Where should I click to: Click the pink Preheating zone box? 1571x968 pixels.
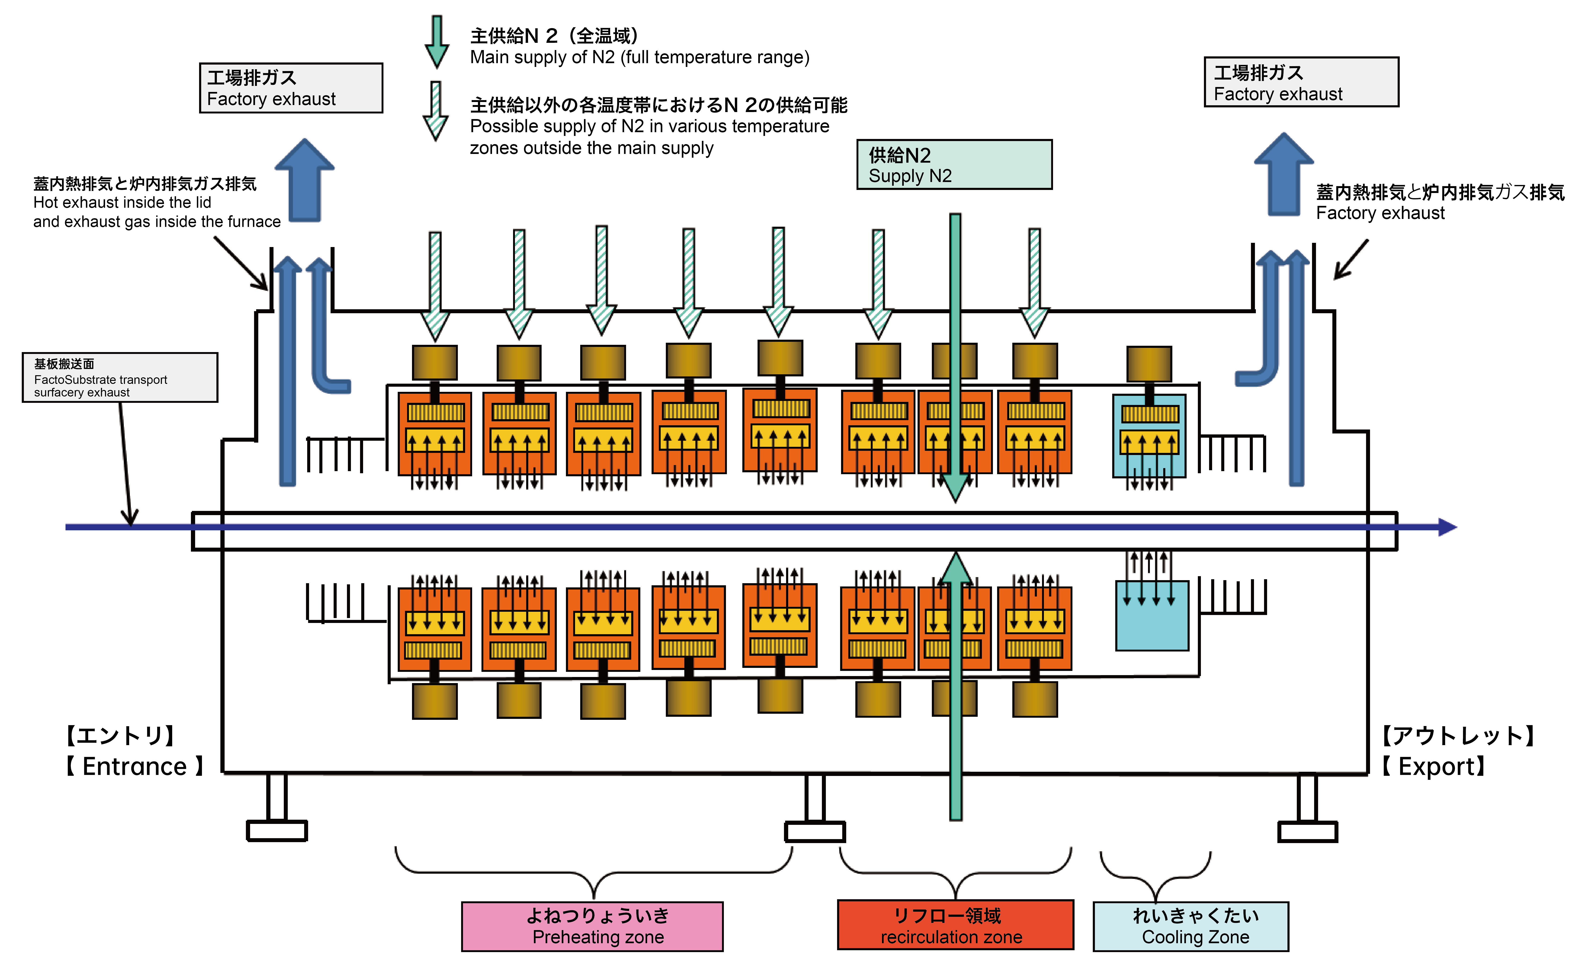click(592, 926)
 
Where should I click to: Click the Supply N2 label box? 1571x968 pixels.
click(954, 164)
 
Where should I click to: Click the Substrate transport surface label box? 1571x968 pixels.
click(120, 378)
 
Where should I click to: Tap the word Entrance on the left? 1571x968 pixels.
click(135, 766)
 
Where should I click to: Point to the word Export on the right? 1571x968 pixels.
click(1440, 766)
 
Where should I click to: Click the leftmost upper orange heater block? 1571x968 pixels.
click(435, 434)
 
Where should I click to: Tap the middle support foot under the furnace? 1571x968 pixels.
click(815, 831)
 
